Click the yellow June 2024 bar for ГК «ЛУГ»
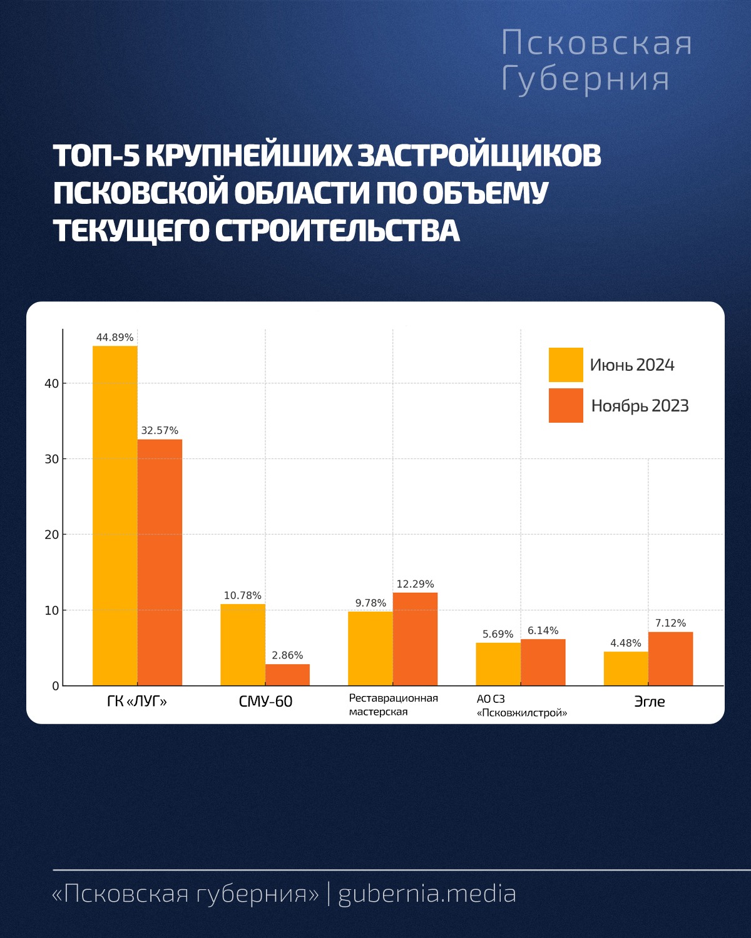(x=115, y=515)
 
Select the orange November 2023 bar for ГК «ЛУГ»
(x=160, y=562)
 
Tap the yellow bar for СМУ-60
(x=242, y=645)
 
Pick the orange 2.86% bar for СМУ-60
(x=287, y=675)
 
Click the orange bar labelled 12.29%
(x=415, y=638)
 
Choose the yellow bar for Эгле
(x=626, y=668)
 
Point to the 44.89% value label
(x=115, y=338)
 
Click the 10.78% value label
(x=242, y=596)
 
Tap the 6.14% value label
(x=543, y=631)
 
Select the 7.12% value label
(x=670, y=623)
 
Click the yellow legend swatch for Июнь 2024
(x=566, y=365)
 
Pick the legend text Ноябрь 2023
(x=640, y=406)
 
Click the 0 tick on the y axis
(x=56, y=686)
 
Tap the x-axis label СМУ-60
(x=265, y=702)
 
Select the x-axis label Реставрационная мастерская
(x=393, y=705)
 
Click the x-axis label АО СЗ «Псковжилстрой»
(x=521, y=706)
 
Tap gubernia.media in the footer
(x=427, y=894)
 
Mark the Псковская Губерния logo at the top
(x=596, y=61)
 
